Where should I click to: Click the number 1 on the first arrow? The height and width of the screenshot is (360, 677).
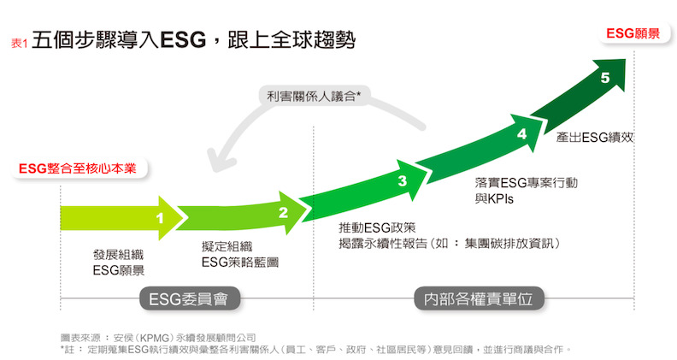tap(160, 219)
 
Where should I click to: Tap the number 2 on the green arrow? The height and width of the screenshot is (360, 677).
tap(284, 214)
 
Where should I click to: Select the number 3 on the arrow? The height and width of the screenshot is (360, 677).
tap(402, 180)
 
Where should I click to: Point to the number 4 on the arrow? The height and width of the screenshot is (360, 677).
tap(521, 133)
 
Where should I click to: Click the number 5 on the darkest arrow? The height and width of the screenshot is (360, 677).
tap(605, 78)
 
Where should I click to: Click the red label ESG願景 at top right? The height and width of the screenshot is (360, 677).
tap(633, 33)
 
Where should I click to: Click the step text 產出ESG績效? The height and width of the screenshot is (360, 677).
tap(593, 136)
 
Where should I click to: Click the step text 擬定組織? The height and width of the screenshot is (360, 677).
tap(216, 245)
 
